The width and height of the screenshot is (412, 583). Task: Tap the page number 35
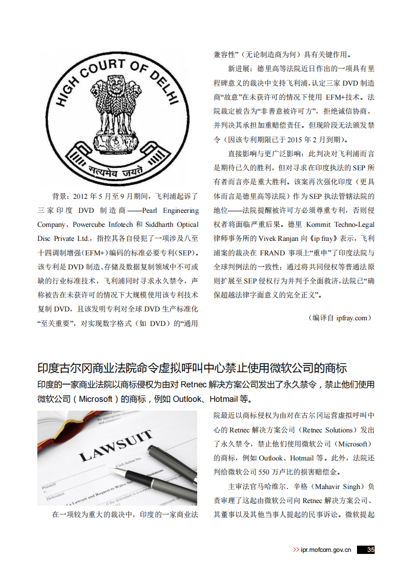370,550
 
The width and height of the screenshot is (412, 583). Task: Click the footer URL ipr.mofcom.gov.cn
326,550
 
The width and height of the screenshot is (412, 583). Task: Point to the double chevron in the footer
296,550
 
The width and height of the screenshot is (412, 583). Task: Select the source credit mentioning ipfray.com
340,318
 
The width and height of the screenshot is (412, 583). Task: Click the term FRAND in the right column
272,253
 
